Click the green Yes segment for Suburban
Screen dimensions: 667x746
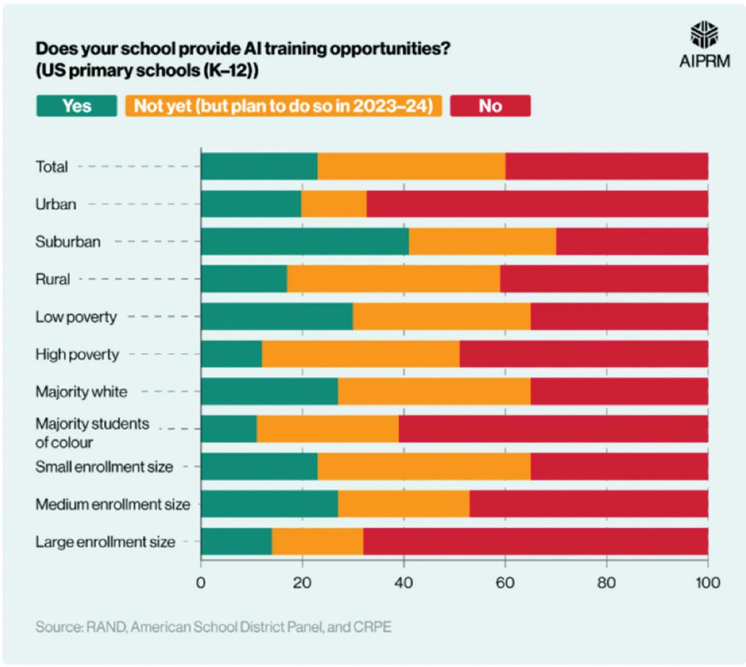(x=304, y=241)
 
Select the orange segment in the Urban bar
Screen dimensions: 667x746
(x=334, y=204)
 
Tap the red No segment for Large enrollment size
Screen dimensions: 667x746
(x=535, y=542)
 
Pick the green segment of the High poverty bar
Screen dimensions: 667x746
(x=231, y=354)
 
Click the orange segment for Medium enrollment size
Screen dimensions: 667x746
(x=403, y=505)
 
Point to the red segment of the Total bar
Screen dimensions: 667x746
(x=607, y=167)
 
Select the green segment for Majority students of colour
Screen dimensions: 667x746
(x=229, y=429)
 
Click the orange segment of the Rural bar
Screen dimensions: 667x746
(x=393, y=279)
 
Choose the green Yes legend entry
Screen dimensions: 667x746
(x=76, y=106)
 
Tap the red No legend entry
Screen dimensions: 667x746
(x=490, y=106)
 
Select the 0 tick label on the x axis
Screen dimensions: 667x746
(x=200, y=585)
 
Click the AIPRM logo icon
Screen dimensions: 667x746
(x=704, y=34)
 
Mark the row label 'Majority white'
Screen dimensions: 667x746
(x=81, y=392)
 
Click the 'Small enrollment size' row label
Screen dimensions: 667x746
(x=104, y=467)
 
